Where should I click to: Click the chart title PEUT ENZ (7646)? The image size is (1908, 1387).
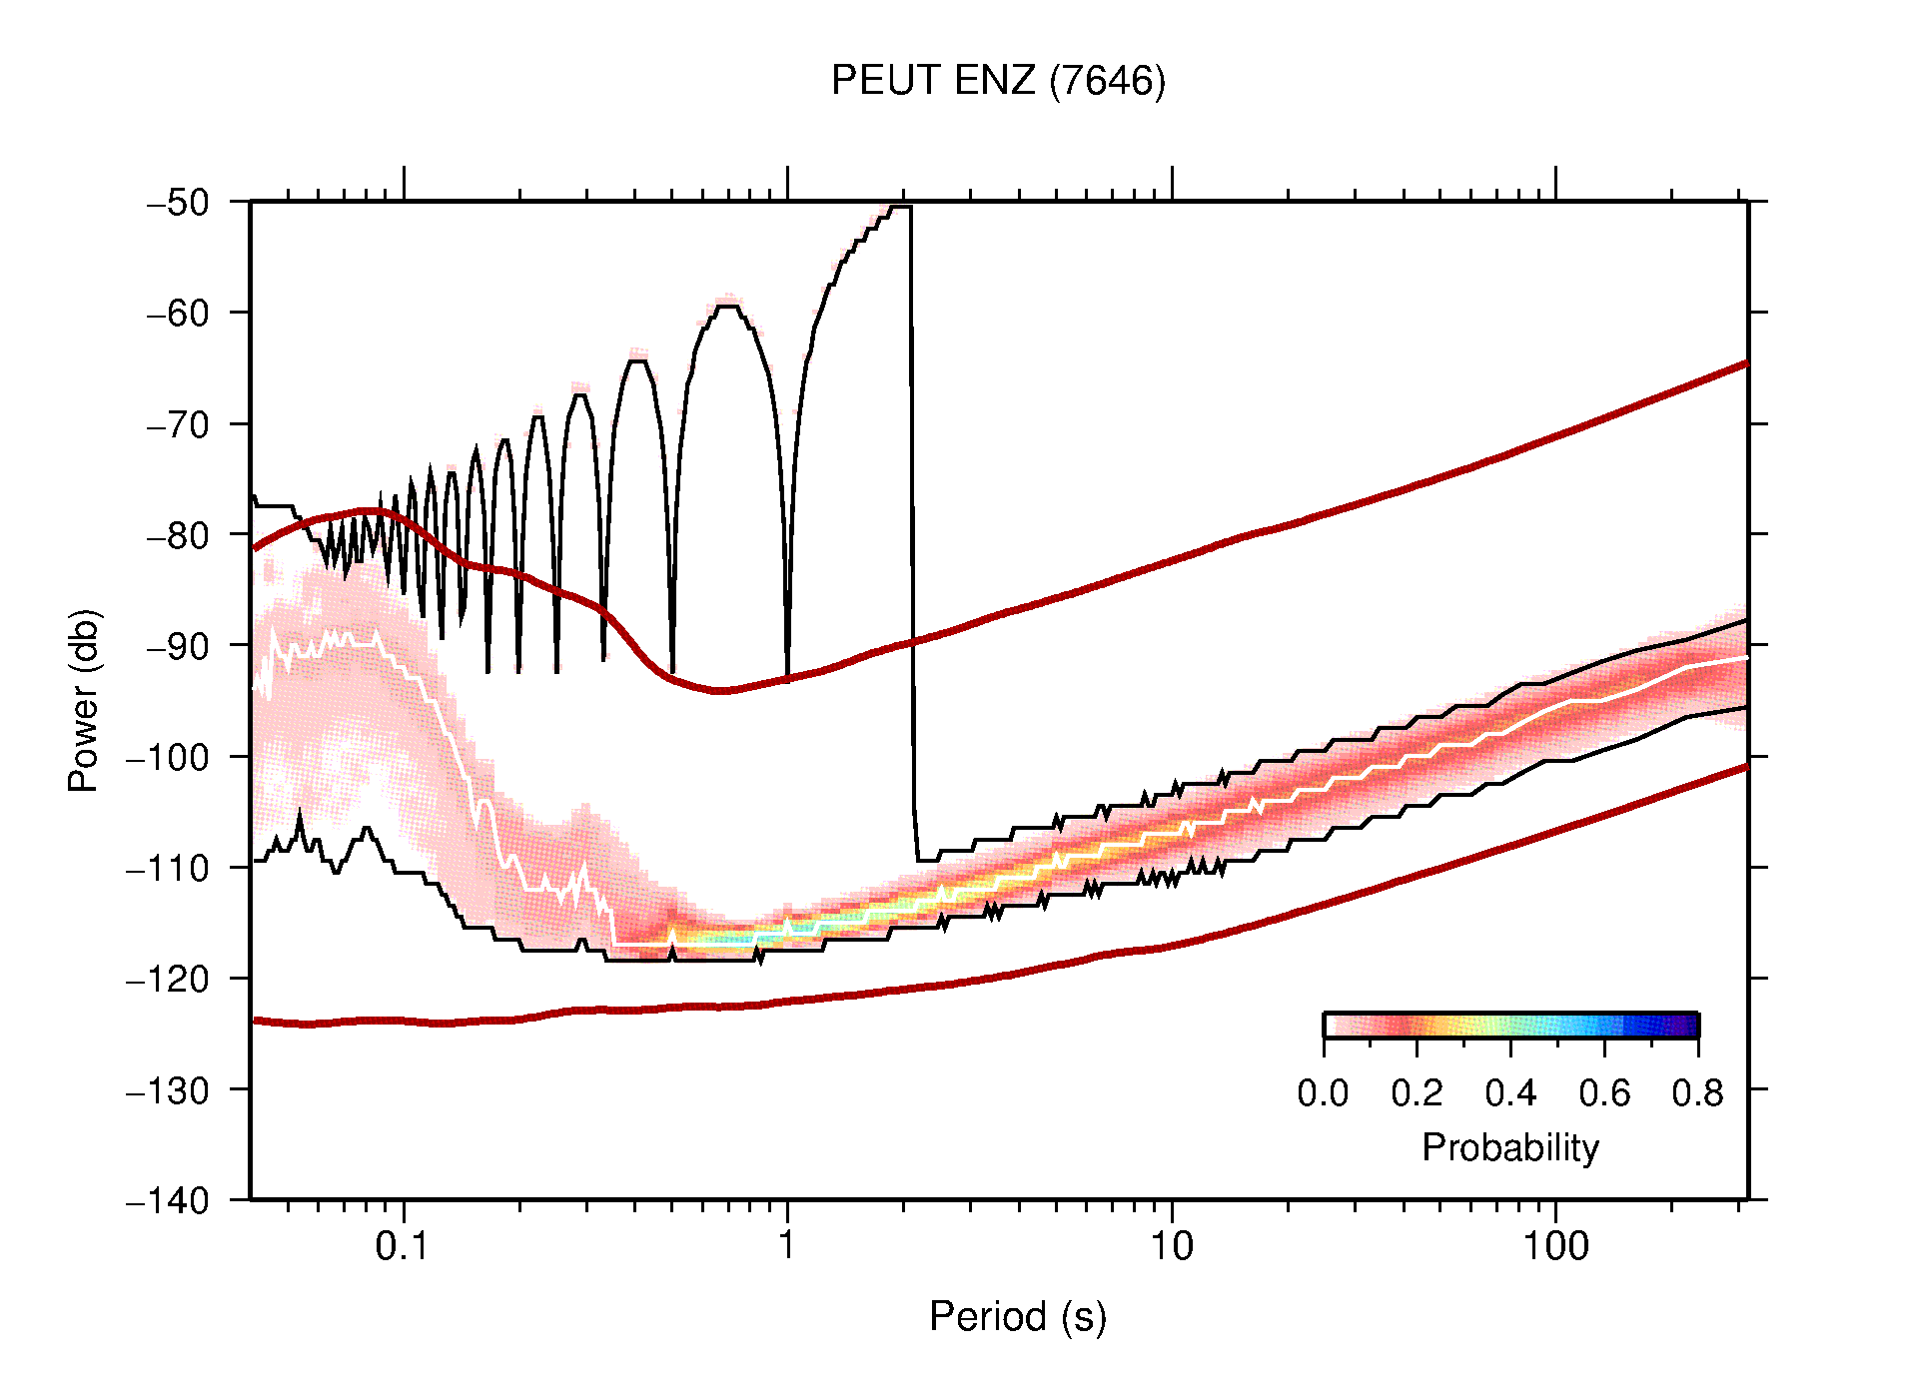[998, 81]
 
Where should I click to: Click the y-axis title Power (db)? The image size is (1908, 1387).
[84, 700]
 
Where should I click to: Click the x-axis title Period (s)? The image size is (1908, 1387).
[1017, 1317]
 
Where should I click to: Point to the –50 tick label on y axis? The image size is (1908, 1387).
[178, 203]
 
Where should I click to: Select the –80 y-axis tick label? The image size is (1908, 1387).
[178, 535]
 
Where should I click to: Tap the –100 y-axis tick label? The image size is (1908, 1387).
[168, 757]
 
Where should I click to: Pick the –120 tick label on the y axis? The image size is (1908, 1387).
[168, 979]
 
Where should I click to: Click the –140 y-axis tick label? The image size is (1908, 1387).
[168, 1200]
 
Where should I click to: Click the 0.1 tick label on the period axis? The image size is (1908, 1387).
[403, 1246]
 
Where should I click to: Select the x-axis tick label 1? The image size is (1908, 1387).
[787, 1246]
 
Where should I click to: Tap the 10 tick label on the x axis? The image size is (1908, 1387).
[1171, 1246]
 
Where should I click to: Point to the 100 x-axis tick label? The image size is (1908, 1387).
[1554, 1246]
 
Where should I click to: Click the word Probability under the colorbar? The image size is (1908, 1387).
[1509, 1148]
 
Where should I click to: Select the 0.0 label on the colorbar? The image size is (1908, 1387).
[1323, 1093]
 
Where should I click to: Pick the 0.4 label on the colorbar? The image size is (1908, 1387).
[1510, 1093]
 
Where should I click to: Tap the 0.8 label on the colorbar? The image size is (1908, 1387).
[1697, 1093]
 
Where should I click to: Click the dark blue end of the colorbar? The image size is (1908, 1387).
[1688, 1026]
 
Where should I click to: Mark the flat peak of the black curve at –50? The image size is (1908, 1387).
[899, 207]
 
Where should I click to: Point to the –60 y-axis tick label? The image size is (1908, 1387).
[178, 314]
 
